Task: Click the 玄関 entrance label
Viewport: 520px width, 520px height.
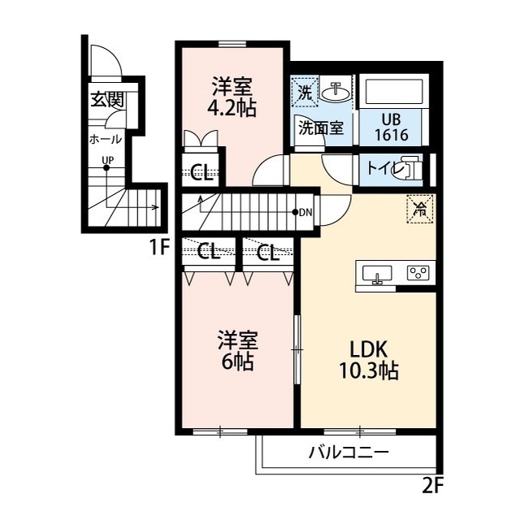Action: (x=106, y=100)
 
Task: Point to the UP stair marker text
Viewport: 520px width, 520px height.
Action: (x=106, y=160)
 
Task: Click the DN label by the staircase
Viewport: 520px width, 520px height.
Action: (x=305, y=213)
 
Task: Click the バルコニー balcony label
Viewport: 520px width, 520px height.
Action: (x=349, y=453)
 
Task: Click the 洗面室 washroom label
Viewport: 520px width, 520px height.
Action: (x=320, y=127)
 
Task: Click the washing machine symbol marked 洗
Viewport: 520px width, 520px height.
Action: (x=305, y=91)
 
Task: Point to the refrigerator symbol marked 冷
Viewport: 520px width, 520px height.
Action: (x=421, y=209)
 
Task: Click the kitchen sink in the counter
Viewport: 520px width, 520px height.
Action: (x=376, y=274)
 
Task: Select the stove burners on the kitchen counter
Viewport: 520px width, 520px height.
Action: (x=420, y=273)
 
